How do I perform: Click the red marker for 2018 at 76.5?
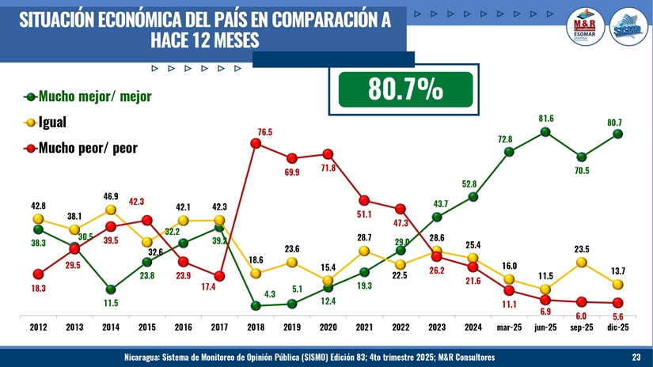[256, 143]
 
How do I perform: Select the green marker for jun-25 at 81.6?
[545, 132]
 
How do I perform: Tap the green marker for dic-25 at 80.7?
[617, 134]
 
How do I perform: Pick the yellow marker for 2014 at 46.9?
[111, 210]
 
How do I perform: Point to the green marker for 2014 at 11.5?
[111, 289]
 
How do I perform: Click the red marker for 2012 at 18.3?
[38, 274]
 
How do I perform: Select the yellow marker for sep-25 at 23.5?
[582, 262]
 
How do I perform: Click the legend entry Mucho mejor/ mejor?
[87, 96]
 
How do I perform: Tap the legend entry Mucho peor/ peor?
[87, 148]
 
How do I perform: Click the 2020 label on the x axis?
[328, 327]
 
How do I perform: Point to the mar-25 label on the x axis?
[509, 327]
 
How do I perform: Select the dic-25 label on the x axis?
[617, 327]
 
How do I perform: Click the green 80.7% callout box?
[405, 89]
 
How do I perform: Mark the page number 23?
[636, 358]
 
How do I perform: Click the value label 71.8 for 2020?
[328, 168]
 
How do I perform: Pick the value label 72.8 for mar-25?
[504, 139]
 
